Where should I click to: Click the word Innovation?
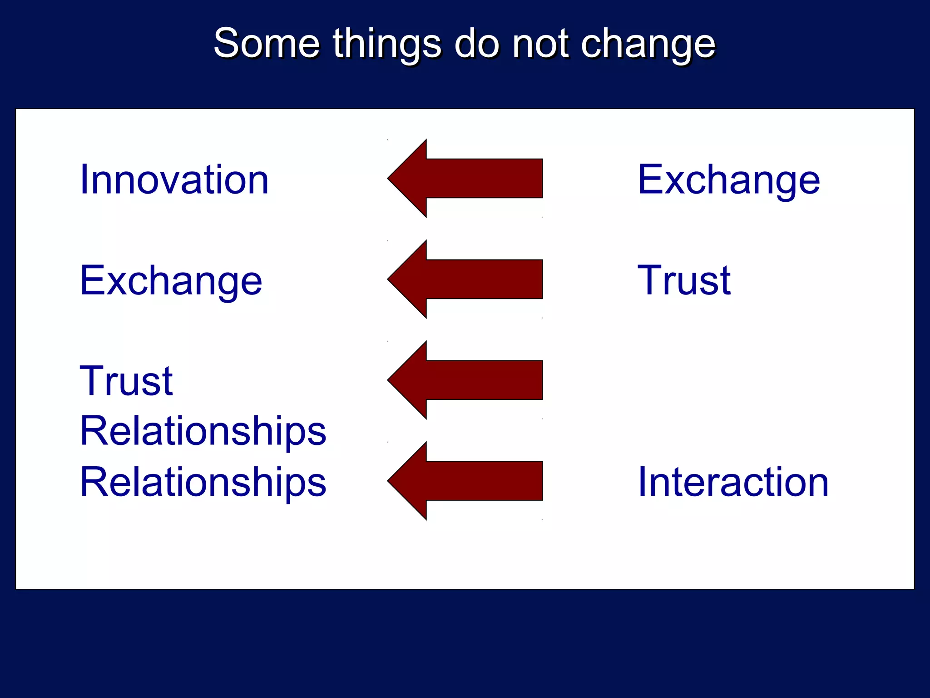[174, 180]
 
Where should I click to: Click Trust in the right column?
[684, 281]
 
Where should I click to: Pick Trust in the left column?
[126, 381]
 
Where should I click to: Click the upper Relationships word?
[203, 431]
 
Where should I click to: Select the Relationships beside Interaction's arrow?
[203, 482]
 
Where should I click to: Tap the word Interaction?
[733, 482]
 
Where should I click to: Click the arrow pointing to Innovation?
[465, 179]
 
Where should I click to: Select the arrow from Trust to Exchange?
[465, 279]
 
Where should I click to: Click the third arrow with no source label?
[465, 380]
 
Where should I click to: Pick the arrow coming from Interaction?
[465, 481]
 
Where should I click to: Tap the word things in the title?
[386, 44]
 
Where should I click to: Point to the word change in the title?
[648, 44]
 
